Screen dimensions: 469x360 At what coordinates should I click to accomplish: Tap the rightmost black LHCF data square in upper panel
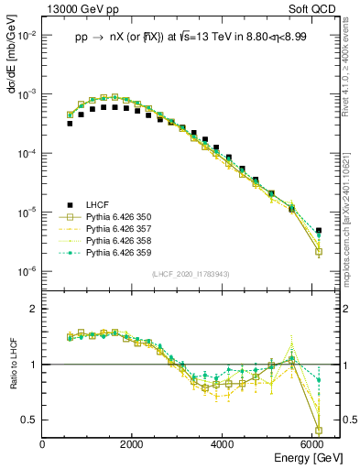tap(318, 231)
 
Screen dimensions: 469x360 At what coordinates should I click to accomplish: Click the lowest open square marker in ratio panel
tap(318, 430)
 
